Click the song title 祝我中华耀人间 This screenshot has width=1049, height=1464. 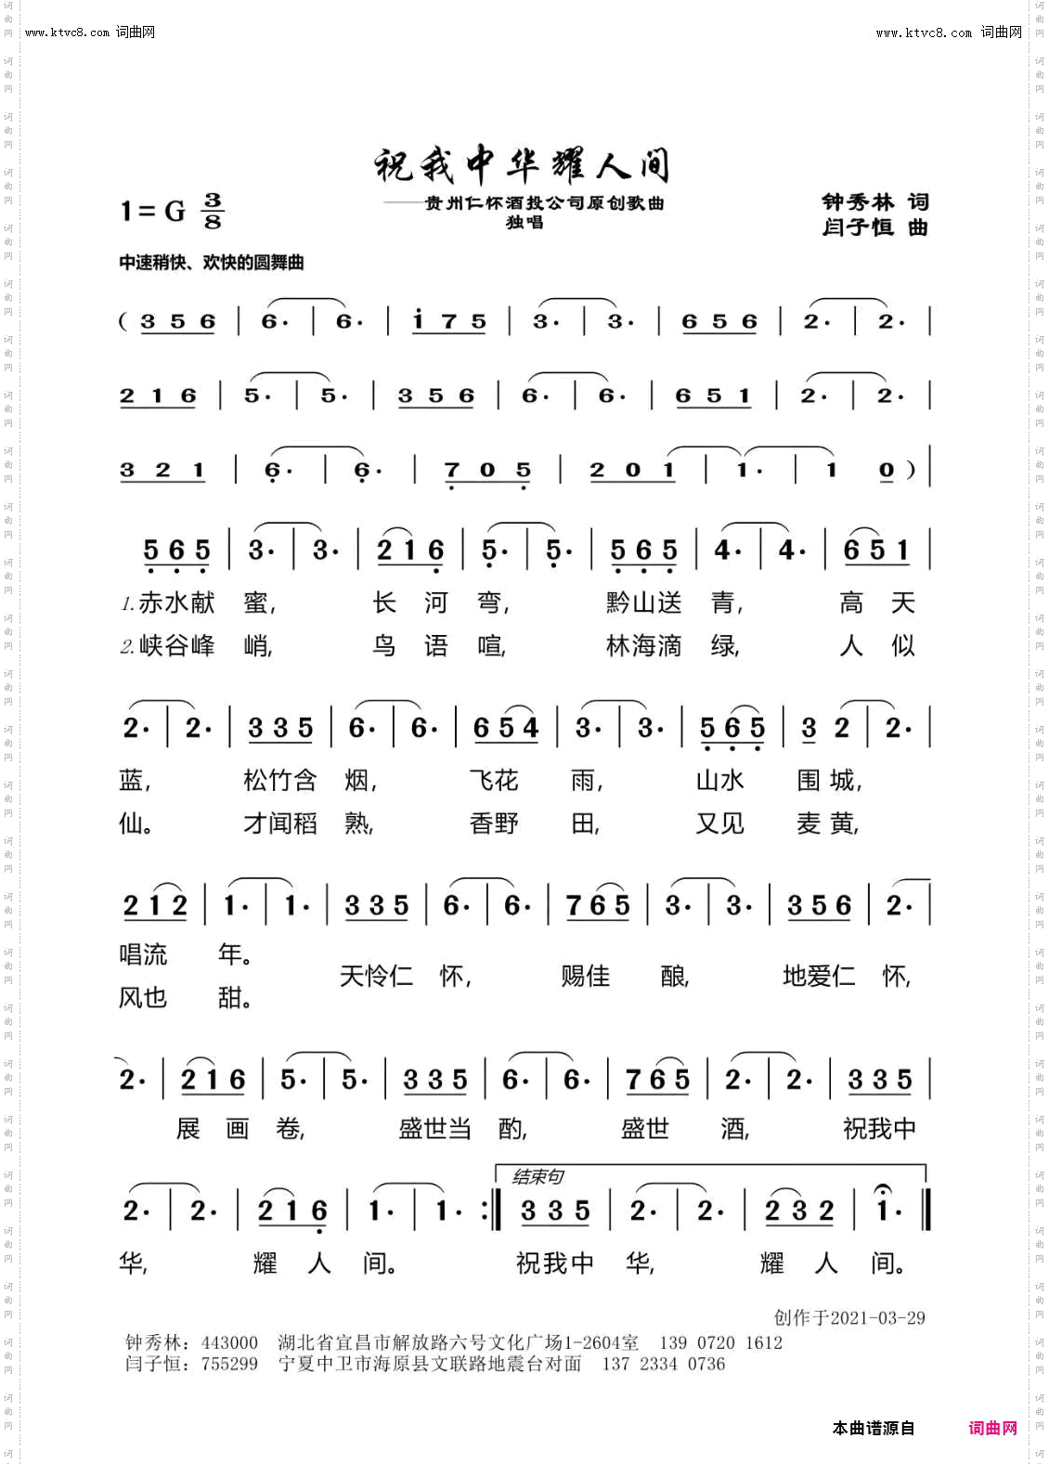(x=521, y=164)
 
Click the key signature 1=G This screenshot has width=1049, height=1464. (x=152, y=212)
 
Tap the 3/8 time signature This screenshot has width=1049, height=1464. (x=214, y=211)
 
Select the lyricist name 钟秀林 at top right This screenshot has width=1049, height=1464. (x=858, y=202)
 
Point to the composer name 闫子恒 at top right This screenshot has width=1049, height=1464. (x=858, y=227)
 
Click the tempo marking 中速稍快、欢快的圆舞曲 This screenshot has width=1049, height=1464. (x=212, y=263)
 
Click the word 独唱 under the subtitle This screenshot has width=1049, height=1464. (x=524, y=223)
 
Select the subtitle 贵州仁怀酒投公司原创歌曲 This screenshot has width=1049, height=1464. (x=544, y=203)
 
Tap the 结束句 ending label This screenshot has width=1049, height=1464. (x=537, y=1177)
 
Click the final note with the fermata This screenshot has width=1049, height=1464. (x=884, y=1210)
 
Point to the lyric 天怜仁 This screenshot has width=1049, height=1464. (x=376, y=977)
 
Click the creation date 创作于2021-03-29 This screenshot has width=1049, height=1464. (x=849, y=1318)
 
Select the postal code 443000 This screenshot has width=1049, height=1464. (x=229, y=1342)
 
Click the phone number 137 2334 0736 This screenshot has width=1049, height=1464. (x=664, y=1364)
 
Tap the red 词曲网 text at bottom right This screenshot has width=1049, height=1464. (x=992, y=1428)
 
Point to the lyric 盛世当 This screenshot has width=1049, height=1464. (x=434, y=1129)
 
